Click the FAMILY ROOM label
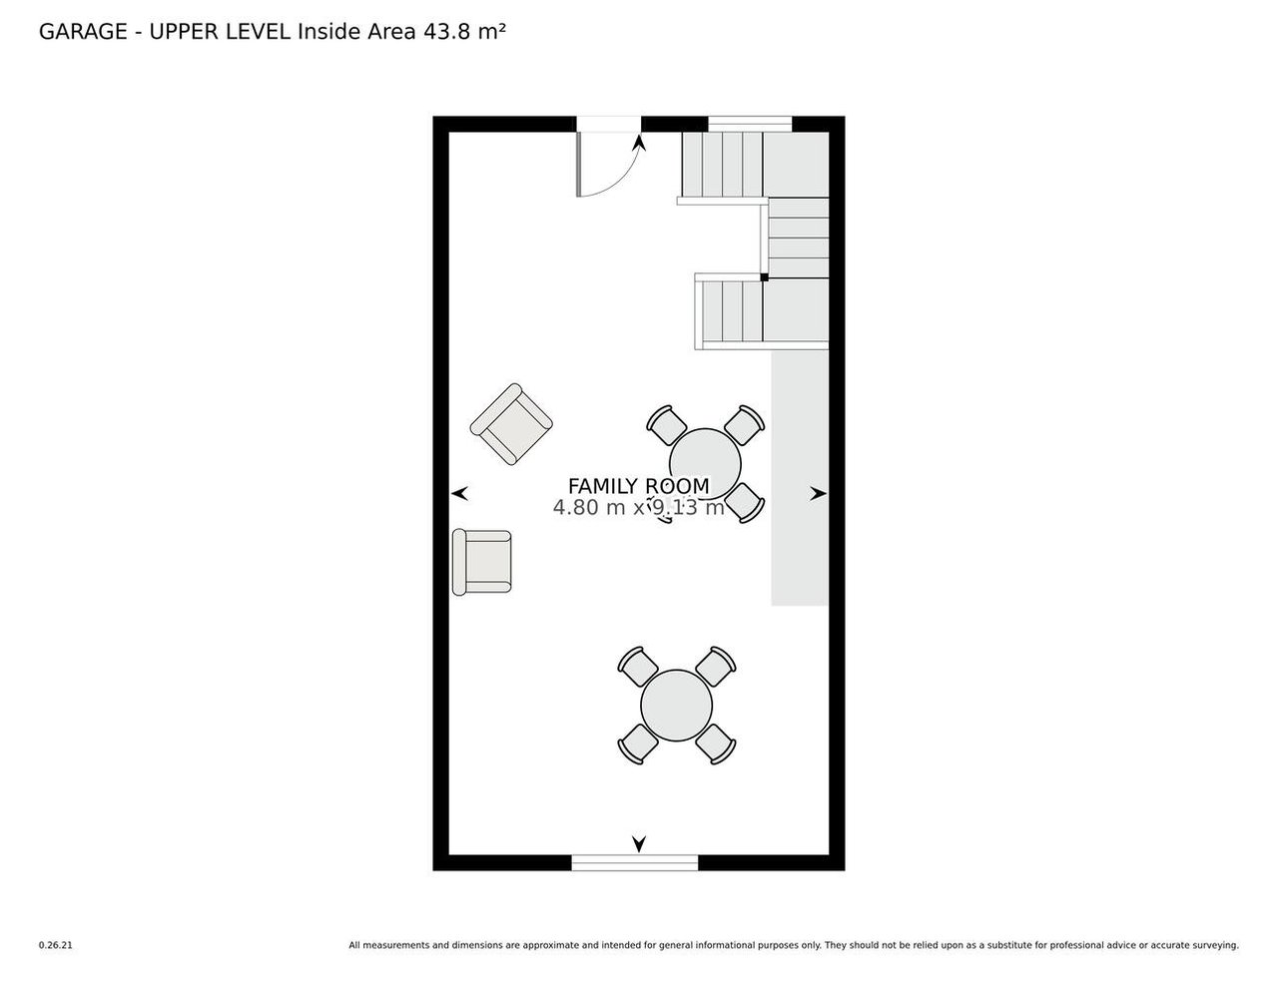[638, 486]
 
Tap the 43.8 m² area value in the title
[464, 32]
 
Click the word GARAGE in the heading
[83, 32]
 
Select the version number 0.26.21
[55, 945]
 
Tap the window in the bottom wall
[635, 862]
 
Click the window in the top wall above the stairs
[750, 124]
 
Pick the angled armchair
[511, 424]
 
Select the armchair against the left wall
[481, 562]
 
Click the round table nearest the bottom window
[676, 705]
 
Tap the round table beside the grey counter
[705, 464]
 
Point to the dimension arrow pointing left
[459, 493]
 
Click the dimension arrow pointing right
[818, 494]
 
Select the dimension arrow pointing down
[639, 843]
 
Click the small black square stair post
[764, 276]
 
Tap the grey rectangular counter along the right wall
[800, 478]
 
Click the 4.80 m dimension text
[589, 507]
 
